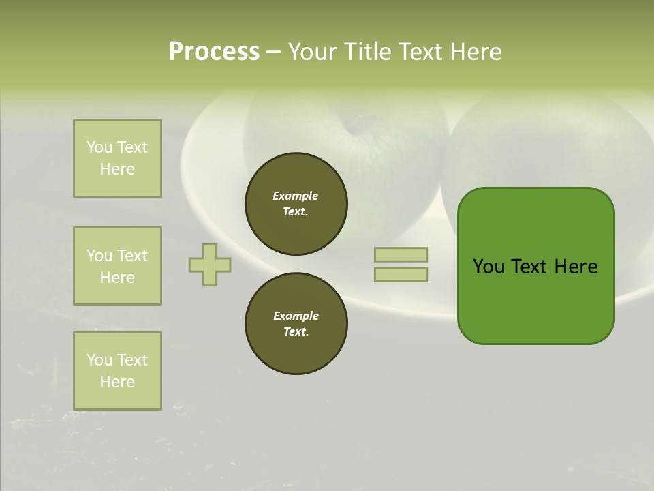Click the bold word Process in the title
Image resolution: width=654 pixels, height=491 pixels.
click(x=214, y=52)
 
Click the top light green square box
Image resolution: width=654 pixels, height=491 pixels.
click(x=117, y=158)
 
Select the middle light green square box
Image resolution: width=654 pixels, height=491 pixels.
click(x=117, y=266)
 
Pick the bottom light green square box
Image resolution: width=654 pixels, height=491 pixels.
click(x=117, y=371)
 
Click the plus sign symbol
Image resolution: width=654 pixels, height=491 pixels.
click(x=210, y=265)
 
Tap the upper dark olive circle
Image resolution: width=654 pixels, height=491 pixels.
click(x=296, y=203)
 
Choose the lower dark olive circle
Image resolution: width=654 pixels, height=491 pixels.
click(x=296, y=324)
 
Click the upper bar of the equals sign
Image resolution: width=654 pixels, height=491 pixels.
click(x=401, y=254)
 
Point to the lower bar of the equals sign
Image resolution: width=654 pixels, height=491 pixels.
click(x=401, y=274)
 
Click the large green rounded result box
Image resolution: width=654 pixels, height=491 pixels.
click(x=535, y=300)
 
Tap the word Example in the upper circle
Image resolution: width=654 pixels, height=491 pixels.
click(x=295, y=196)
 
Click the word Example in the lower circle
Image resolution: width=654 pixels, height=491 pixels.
click(x=296, y=316)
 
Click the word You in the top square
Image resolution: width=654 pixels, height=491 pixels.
click(x=99, y=147)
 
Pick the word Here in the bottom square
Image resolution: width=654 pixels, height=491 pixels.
click(x=117, y=382)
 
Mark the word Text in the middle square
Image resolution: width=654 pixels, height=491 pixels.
click(x=132, y=256)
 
